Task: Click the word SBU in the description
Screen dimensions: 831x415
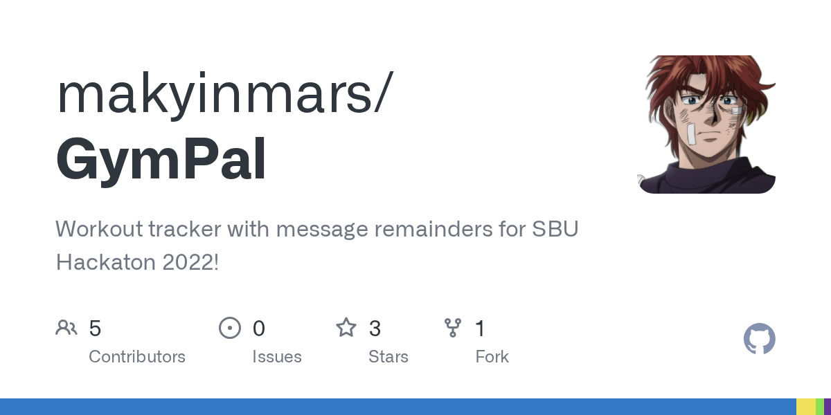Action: click(555, 229)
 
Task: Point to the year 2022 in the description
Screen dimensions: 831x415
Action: click(188, 262)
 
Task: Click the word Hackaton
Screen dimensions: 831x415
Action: click(105, 262)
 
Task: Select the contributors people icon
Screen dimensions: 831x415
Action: click(66, 328)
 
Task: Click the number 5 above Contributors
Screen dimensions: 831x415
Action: click(95, 329)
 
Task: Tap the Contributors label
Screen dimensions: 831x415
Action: click(137, 357)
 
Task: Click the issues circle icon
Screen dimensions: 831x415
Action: click(230, 328)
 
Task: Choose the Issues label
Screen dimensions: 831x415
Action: click(277, 357)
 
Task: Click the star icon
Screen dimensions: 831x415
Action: click(346, 328)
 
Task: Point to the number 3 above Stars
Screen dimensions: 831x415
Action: click(375, 329)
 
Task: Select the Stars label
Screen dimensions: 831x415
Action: click(388, 357)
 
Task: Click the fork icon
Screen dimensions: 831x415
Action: click(453, 328)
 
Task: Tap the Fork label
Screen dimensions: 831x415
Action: click(492, 357)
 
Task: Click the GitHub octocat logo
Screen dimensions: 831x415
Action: click(760, 339)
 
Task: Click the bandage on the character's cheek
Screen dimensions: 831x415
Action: click(691, 134)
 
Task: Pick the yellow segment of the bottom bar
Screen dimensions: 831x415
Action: click(806, 407)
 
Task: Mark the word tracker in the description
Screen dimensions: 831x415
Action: click(184, 229)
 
